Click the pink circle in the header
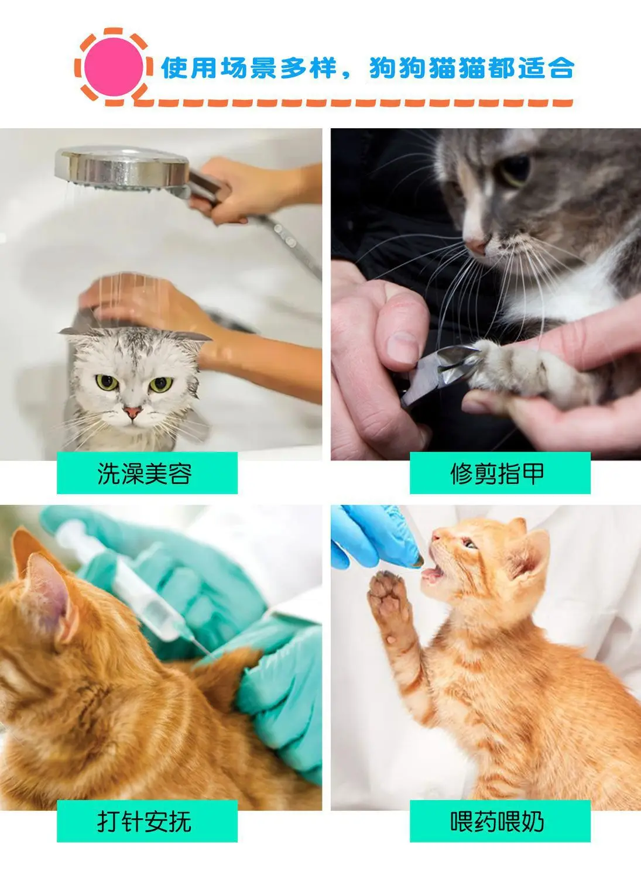coord(114,67)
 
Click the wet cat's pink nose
coord(132,411)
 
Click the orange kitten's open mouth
coord(433,574)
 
